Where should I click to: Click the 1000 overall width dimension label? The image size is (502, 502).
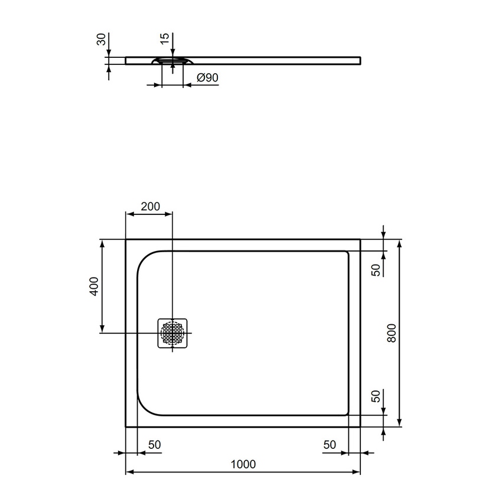243,464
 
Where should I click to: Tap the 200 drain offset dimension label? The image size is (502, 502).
151,206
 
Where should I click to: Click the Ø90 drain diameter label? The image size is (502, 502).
207,77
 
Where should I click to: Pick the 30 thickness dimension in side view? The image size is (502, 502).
101,40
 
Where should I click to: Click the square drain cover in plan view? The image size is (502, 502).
172,333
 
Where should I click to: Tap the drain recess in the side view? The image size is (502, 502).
172,61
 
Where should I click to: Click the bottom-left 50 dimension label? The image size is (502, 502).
155,444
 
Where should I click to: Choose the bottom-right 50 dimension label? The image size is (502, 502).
330,444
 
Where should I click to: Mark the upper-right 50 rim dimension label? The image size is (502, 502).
375,270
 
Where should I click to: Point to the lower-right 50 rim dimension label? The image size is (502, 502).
375,396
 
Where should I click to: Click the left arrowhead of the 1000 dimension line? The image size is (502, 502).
129,472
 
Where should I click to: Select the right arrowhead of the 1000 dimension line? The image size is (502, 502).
357,472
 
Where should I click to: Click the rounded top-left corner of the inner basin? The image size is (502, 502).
146,259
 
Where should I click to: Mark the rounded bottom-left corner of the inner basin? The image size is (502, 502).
146,406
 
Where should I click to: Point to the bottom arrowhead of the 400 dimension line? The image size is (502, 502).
103,330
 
